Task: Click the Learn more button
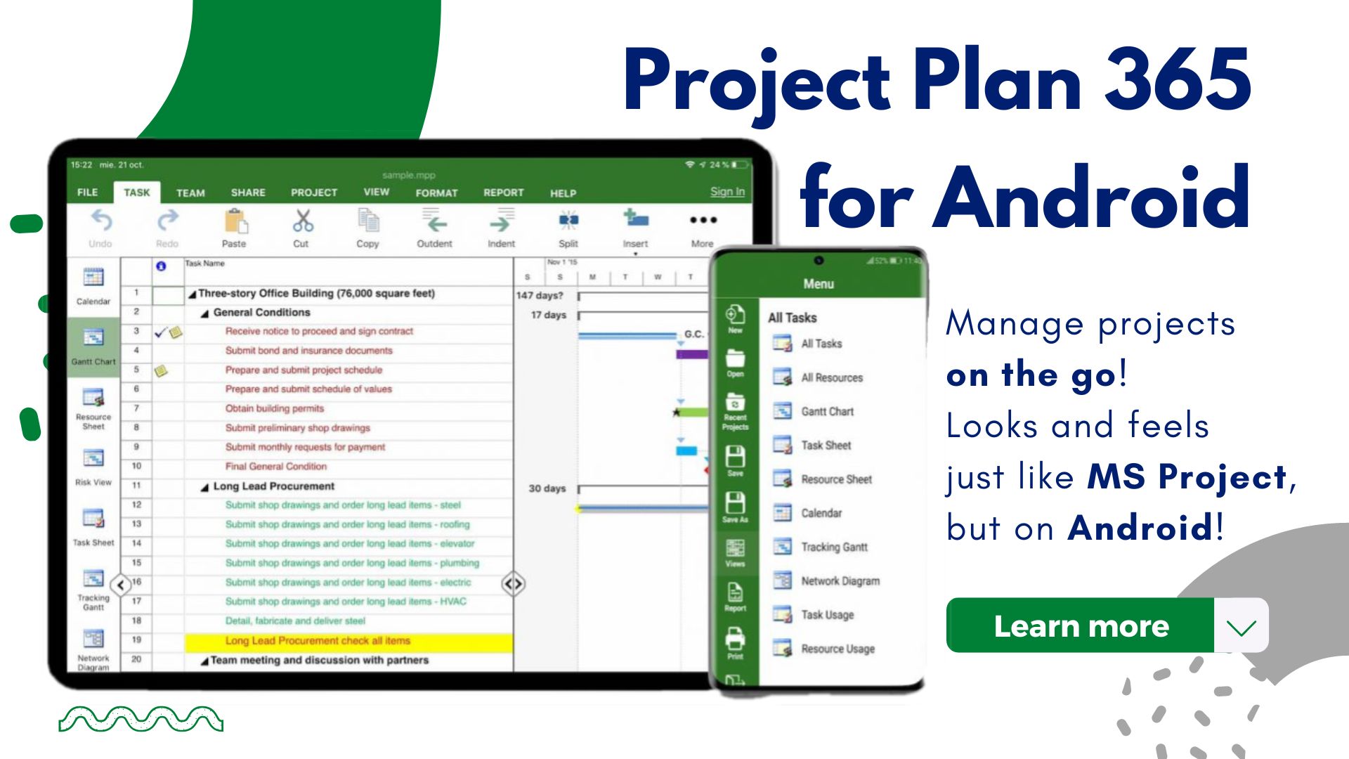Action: click(x=1081, y=625)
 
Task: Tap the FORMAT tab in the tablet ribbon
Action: click(x=436, y=193)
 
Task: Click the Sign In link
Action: click(x=727, y=191)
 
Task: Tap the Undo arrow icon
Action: click(x=101, y=221)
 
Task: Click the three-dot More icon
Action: click(x=703, y=221)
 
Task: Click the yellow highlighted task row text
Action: click(x=318, y=641)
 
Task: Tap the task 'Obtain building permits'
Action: click(x=275, y=408)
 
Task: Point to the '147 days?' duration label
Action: click(x=540, y=295)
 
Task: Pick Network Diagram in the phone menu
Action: click(x=840, y=581)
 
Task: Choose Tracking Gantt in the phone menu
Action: click(x=834, y=547)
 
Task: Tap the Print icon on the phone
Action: click(x=735, y=640)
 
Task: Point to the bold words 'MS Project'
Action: click(x=1186, y=476)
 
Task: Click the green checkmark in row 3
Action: click(x=160, y=332)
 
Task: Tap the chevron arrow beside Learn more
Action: click(x=1242, y=625)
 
